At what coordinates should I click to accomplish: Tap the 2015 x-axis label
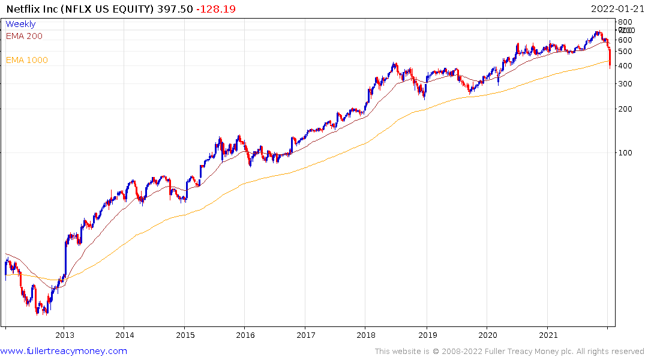click(x=185, y=335)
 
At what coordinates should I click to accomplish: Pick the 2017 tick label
click(x=305, y=335)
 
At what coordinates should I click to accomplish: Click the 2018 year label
click(x=366, y=335)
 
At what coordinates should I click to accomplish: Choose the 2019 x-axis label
click(x=427, y=335)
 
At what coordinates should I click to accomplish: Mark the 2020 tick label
click(x=487, y=335)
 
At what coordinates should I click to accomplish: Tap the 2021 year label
click(x=548, y=335)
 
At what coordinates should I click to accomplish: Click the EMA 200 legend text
click(x=24, y=36)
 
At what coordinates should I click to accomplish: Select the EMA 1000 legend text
click(x=27, y=60)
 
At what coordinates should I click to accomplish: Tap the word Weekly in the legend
click(x=20, y=24)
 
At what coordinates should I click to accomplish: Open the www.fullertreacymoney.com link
click(x=64, y=351)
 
